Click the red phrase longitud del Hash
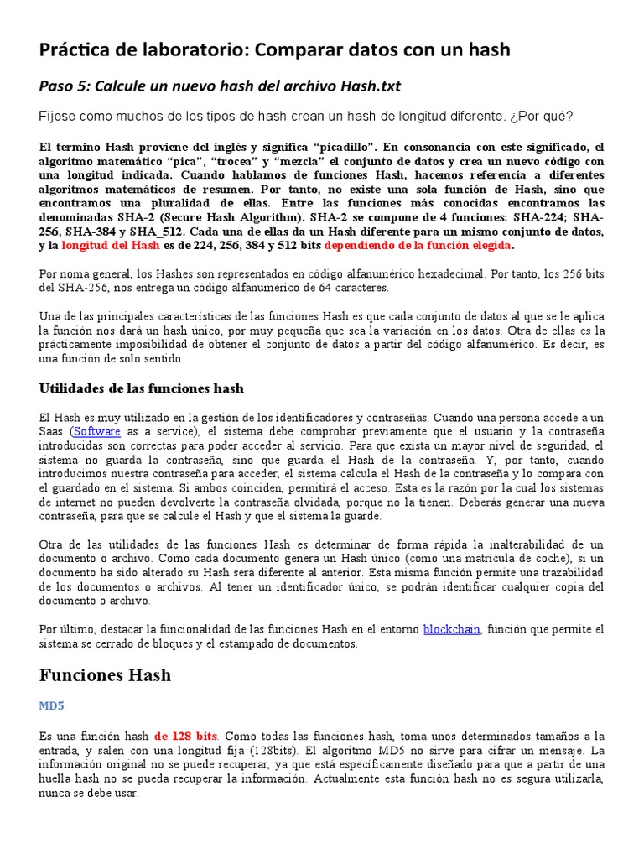[110, 246]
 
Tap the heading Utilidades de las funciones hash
[142, 388]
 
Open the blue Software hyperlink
[97, 431]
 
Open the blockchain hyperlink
[452, 629]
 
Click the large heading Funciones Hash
[105, 674]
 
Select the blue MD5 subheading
[51, 706]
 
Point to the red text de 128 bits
[186, 736]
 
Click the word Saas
[53, 431]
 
